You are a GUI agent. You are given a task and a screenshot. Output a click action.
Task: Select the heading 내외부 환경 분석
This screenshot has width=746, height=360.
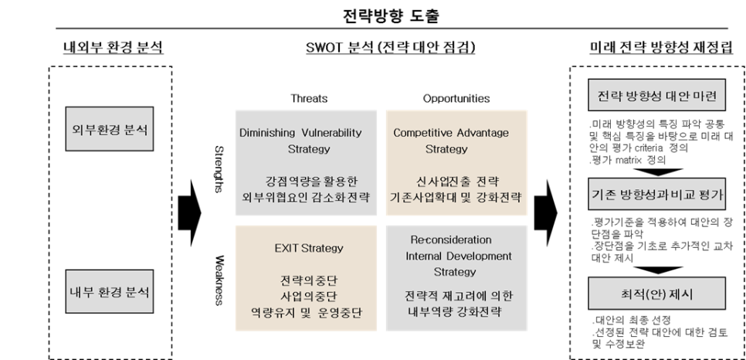click(x=113, y=49)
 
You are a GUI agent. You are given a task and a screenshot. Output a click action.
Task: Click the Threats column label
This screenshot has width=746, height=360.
click(x=309, y=99)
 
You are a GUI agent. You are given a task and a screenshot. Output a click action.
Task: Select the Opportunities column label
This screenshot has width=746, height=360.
click(x=456, y=99)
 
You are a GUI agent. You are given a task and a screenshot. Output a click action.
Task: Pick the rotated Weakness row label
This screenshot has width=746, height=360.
click(x=219, y=278)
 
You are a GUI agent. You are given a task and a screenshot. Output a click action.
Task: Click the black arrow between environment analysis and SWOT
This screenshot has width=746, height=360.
click(x=188, y=209)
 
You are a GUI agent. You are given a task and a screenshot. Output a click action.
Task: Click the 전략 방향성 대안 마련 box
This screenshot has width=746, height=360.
click(x=658, y=96)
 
